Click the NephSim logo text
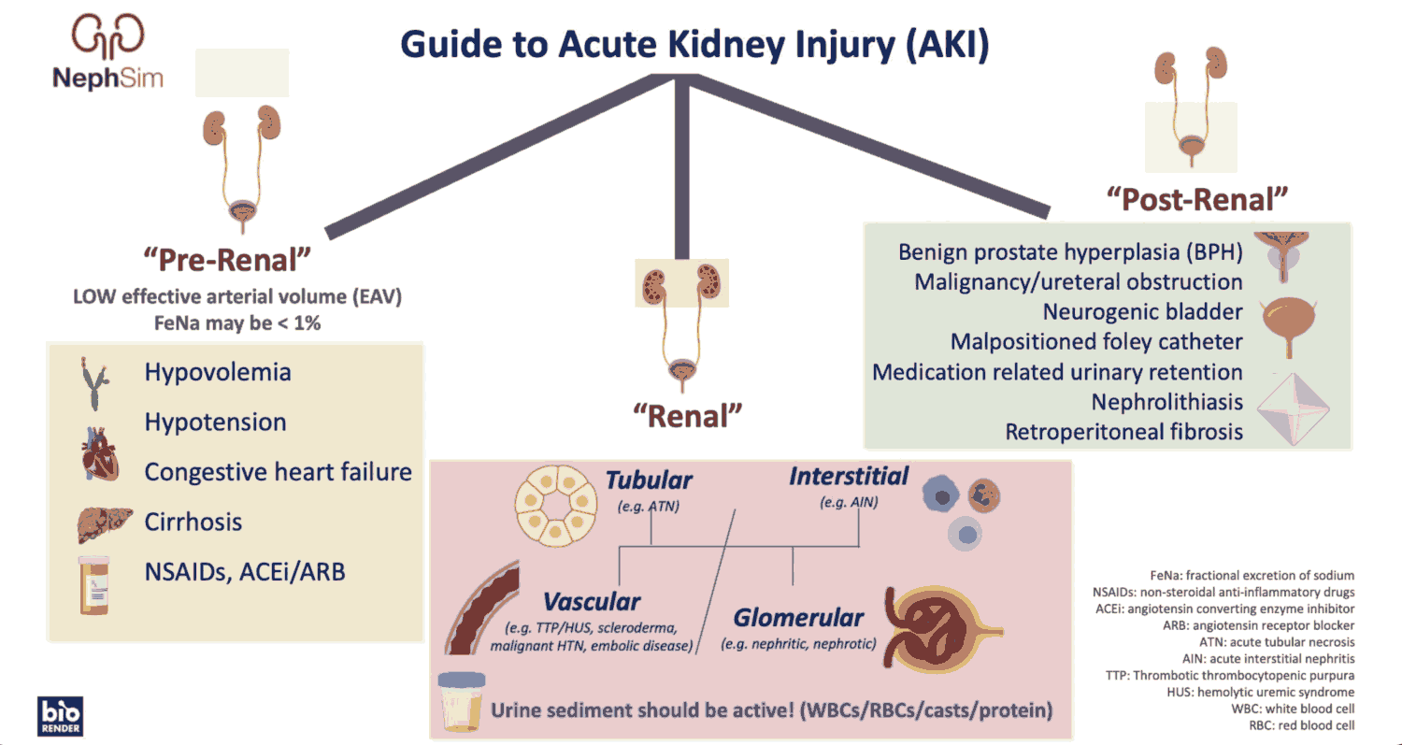coord(107,78)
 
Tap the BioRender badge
coord(61,715)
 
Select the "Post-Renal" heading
coord(1197,199)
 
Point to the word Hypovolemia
coord(218,372)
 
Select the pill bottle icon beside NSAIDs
coord(96,583)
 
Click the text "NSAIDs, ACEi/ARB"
coord(245,571)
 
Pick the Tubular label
coord(649,480)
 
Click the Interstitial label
coord(849,476)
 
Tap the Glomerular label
coord(798,618)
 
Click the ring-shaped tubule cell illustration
coord(555,506)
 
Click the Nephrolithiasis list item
coord(1167,402)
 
